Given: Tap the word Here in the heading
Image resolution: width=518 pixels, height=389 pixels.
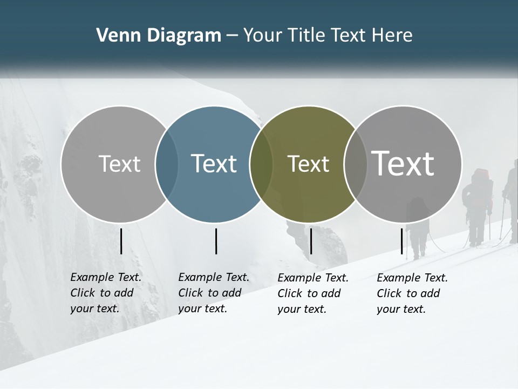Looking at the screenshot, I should [x=392, y=36].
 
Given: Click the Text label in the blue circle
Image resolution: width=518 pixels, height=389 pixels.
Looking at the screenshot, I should [x=214, y=164].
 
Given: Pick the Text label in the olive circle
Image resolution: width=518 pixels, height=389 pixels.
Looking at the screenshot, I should [x=308, y=164].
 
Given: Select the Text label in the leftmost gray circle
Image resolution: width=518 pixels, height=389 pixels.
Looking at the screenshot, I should [x=119, y=164].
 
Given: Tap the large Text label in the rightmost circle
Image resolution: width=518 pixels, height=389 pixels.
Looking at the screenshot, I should [x=403, y=163].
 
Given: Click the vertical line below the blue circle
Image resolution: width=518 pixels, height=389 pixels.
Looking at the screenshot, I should [x=216, y=241].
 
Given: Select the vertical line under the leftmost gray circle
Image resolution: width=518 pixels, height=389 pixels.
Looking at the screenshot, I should [x=121, y=241].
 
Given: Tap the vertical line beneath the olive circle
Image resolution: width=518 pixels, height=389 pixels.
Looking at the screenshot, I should [x=311, y=241].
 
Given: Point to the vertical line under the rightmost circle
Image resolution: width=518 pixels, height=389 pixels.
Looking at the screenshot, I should [x=402, y=241].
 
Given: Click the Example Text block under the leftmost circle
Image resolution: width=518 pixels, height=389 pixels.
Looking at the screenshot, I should [x=106, y=293].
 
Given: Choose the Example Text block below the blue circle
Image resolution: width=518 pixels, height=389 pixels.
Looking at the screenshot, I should [x=214, y=293].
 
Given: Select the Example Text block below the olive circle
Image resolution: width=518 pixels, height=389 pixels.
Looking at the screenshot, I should [x=313, y=293].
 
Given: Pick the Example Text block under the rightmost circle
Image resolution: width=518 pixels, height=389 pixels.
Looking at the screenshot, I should [x=412, y=293].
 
